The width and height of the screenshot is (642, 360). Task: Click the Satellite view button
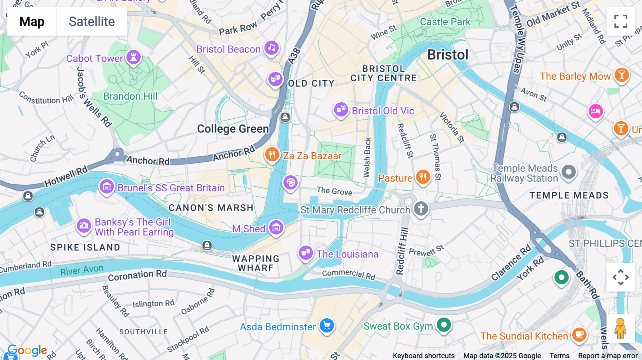pyautogui.click(x=92, y=21)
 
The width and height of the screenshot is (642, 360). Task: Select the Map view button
pyautogui.click(x=32, y=21)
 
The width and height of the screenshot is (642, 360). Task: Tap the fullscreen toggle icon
pyautogui.click(x=621, y=21)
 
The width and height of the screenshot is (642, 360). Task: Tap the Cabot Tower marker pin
pyautogui.click(x=133, y=57)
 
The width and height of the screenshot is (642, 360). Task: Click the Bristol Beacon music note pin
pyautogui.click(x=271, y=48)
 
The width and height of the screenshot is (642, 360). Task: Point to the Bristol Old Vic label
pyautogui.click(x=383, y=111)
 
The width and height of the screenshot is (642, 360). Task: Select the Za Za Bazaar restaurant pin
pyautogui.click(x=272, y=155)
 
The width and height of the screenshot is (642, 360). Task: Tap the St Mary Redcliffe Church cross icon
pyautogui.click(x=421, y=208)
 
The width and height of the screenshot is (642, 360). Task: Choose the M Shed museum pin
pyautogui.click(x=276, y=227)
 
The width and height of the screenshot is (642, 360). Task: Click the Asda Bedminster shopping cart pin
pyautogui.click(x=327, y=325)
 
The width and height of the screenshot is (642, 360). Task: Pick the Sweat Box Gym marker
pyautogui.click(x=444, y=325)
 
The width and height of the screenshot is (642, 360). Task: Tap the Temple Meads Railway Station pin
pyautogui.click(x=569, y=172)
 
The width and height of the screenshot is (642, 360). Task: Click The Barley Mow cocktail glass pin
pyautogui.click(x=622, y=75)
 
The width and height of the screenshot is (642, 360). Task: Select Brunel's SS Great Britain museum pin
pyautogui.click(x=107, y=186)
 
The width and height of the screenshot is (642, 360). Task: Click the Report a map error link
pyautogui.click(x=607, y=356)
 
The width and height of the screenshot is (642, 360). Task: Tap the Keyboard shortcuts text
pyautogui.click(x=423, y=356)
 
